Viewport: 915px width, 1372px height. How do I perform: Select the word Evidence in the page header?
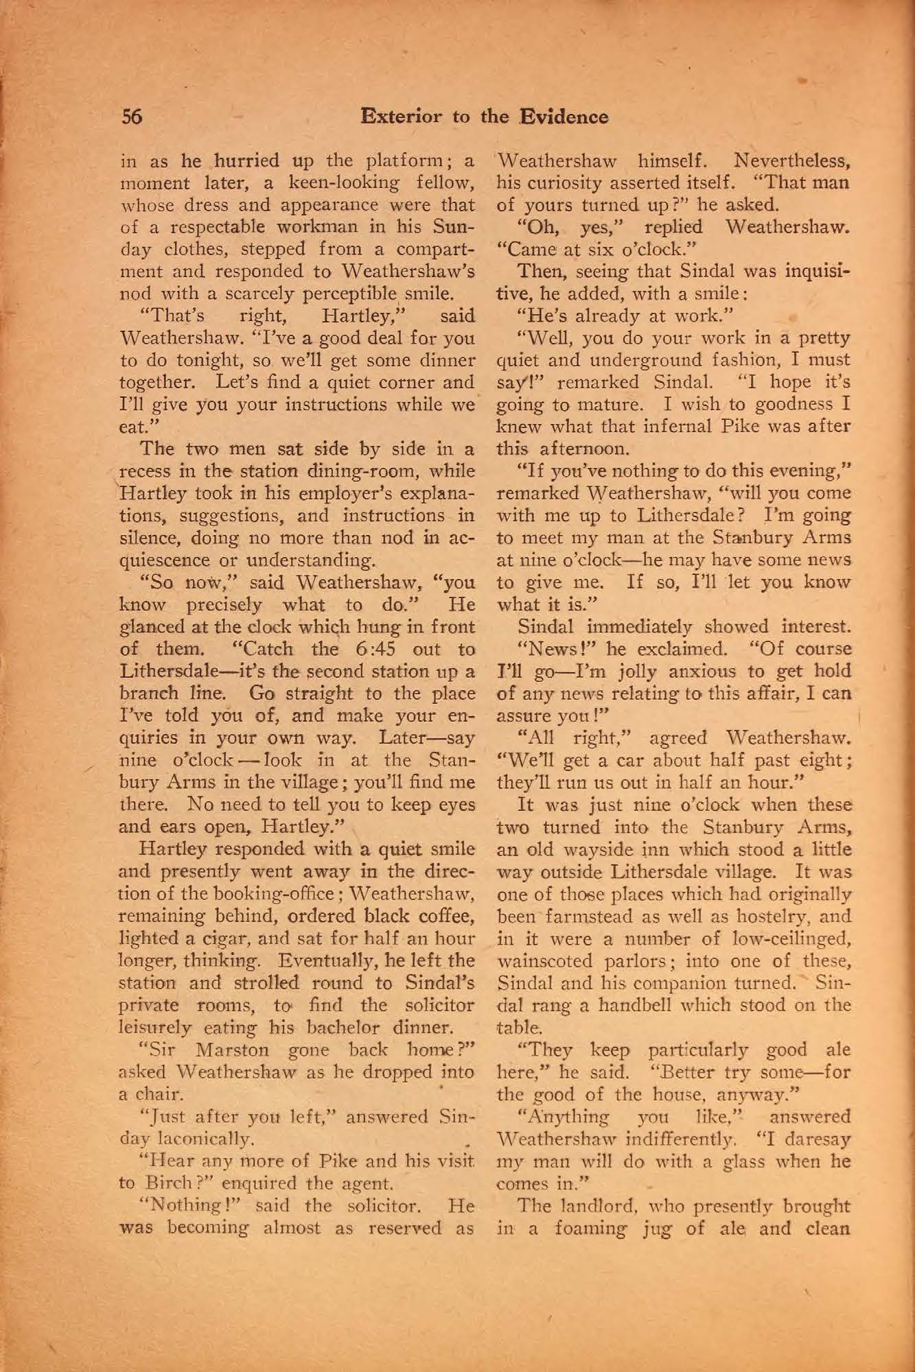[x=564, y=117]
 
